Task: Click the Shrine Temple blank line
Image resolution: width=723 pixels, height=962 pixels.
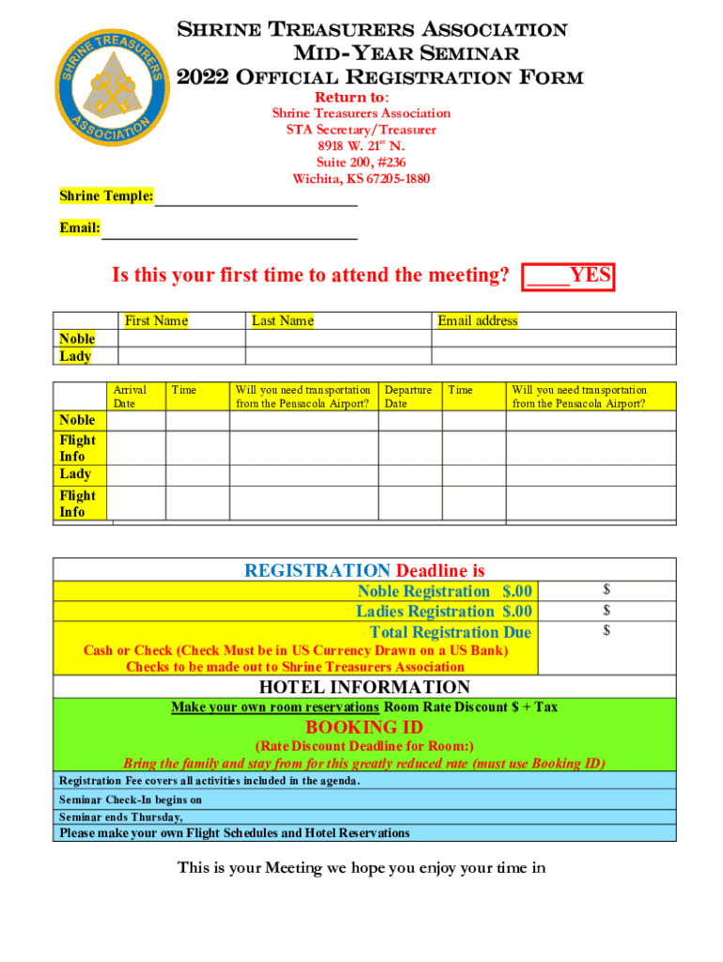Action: click(255, 197)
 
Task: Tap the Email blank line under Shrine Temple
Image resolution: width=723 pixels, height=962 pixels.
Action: click(229, 228)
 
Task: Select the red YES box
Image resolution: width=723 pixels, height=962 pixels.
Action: click(569, 275)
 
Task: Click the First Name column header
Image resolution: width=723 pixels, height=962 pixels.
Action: click(156, 321)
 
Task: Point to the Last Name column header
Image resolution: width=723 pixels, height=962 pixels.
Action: click(282, 321)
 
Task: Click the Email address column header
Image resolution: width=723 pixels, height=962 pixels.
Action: click(477, 321)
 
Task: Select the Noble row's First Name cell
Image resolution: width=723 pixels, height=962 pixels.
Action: click(180, 338)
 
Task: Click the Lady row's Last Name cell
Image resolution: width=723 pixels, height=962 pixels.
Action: click(337, 356)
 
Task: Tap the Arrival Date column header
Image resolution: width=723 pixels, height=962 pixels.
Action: click(130, 396)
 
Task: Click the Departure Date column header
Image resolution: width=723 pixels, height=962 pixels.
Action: click(408, 396)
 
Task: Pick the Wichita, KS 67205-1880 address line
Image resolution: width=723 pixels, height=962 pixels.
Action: click(361, 179)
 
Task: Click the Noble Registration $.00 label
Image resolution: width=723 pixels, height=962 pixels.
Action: click(444, 591)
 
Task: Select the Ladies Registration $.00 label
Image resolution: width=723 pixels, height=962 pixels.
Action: click(443, 612)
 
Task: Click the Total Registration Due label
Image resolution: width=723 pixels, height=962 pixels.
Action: click(450, 632)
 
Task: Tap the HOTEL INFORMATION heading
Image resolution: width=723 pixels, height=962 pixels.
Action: click(363, 688)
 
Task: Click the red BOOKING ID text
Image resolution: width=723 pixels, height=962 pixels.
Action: click(363, 728)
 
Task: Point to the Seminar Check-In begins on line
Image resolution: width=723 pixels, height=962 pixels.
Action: click(131, 800)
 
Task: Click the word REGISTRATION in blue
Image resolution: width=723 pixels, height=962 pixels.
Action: click(317, 570)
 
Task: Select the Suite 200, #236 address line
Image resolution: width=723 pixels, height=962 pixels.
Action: click(361, 163)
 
